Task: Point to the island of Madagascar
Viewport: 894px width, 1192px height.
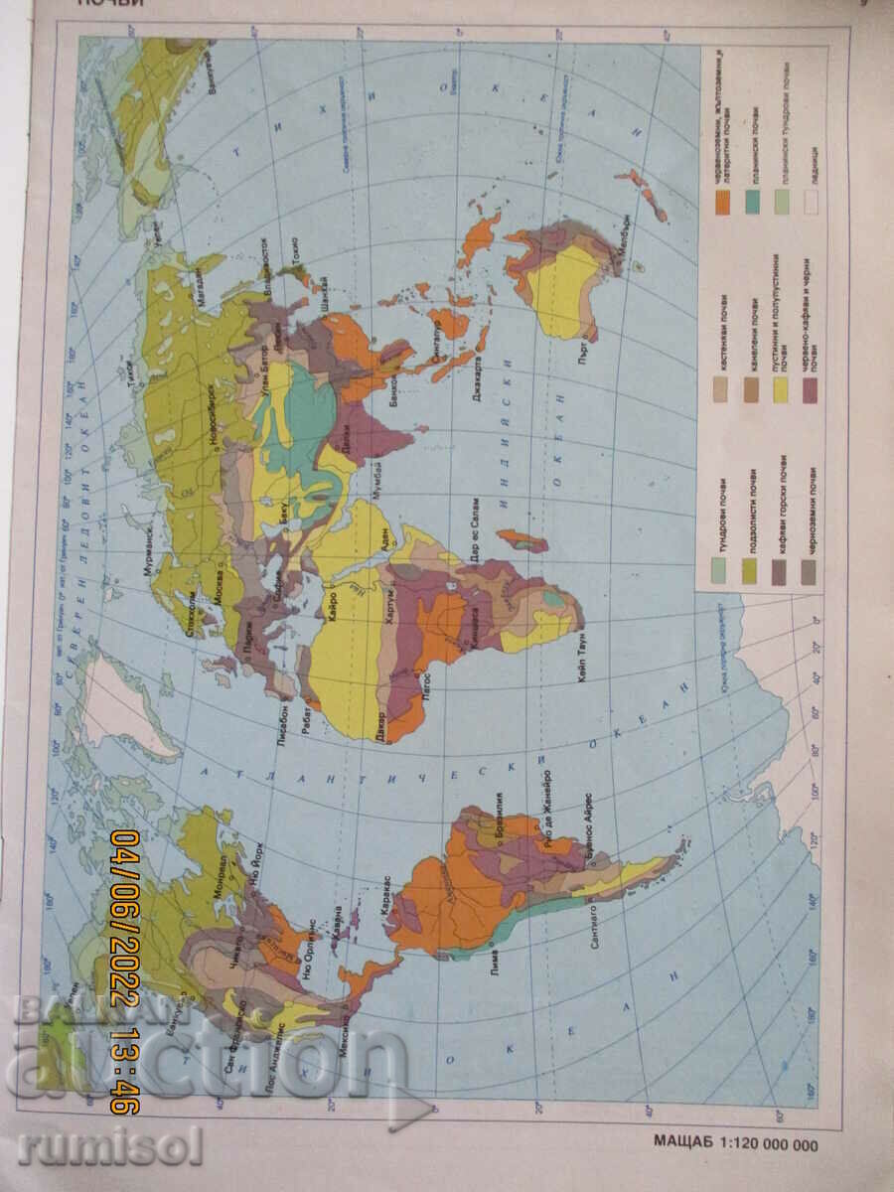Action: click(x=522, y=541)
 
